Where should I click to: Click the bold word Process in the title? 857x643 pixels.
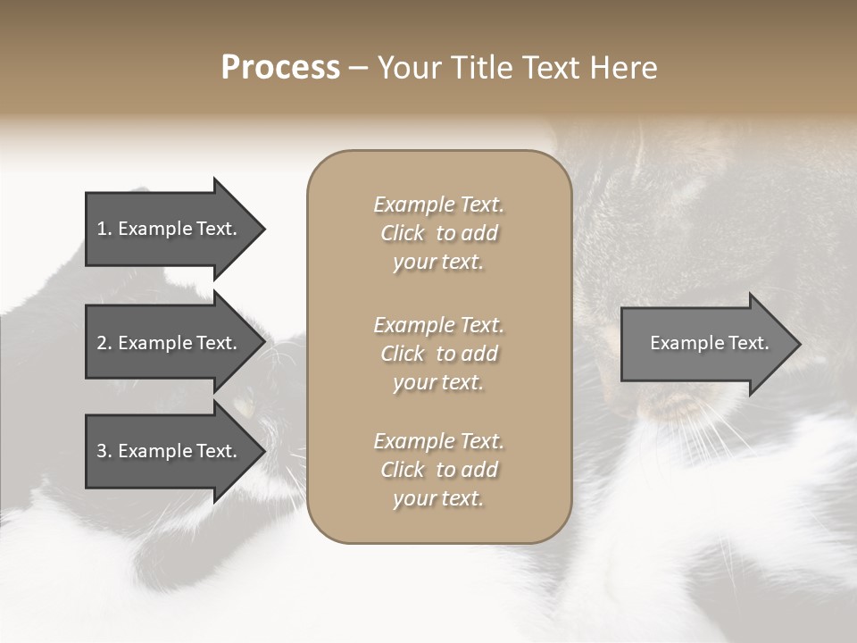pos(280,68)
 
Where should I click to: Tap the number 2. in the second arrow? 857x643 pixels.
pos(104,343)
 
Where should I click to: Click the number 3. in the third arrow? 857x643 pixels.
pos(104,451)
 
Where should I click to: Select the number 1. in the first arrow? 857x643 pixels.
pos(104,229)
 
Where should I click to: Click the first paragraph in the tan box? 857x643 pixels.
pos(438,233)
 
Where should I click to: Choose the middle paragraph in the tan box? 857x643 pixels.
pos(438,353)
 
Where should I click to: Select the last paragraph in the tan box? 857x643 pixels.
pos(438,470)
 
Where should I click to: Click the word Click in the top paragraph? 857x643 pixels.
pos(403,233)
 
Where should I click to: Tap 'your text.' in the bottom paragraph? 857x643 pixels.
pos(438,498)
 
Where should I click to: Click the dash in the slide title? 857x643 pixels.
pos(358,68)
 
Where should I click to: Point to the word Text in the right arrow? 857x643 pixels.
pos(748,343)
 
